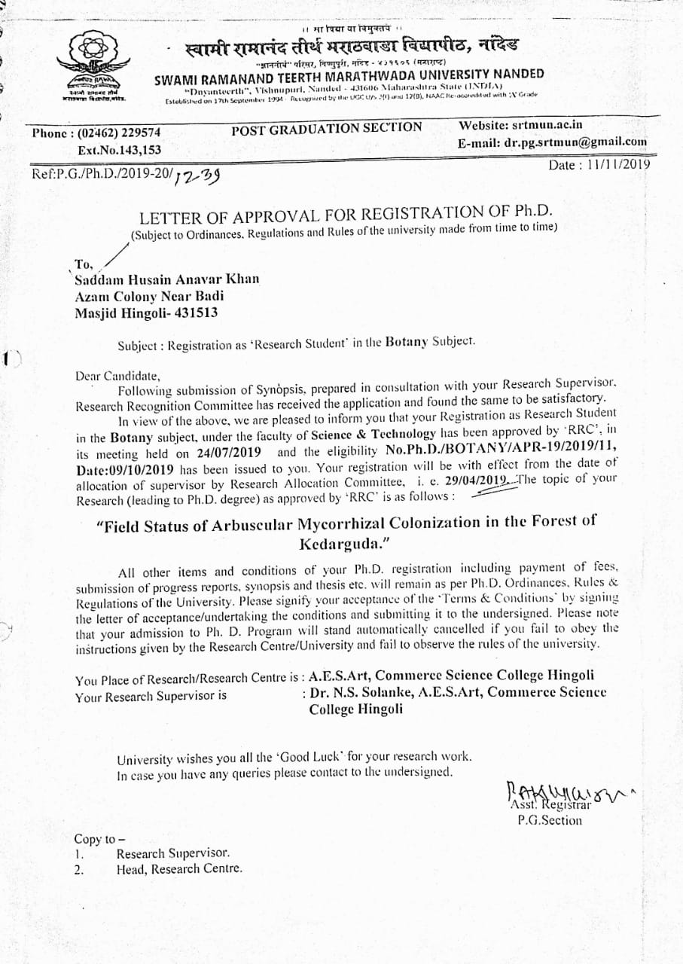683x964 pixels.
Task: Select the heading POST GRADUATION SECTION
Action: click(327, 127)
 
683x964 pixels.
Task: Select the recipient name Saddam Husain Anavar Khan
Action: click(166, 279)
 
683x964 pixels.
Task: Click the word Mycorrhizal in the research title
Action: click(348, 524)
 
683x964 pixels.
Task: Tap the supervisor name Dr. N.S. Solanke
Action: click(355, 692)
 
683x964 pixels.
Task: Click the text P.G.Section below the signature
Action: click(549, 820)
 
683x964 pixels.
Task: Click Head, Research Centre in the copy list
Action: click(179, 868)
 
